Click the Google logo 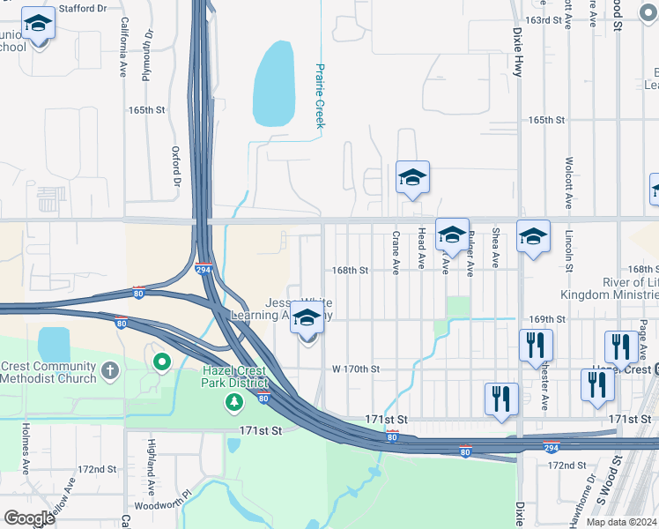(30, 518)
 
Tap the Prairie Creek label (321, 95)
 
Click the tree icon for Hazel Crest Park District (233, 403)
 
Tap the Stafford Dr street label (82, 9)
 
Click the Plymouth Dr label (148, 55)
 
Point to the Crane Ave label (396, 250)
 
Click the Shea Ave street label (496, 248)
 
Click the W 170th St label (355, 369)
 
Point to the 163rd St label (544, 19)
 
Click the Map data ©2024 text (621, 522)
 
